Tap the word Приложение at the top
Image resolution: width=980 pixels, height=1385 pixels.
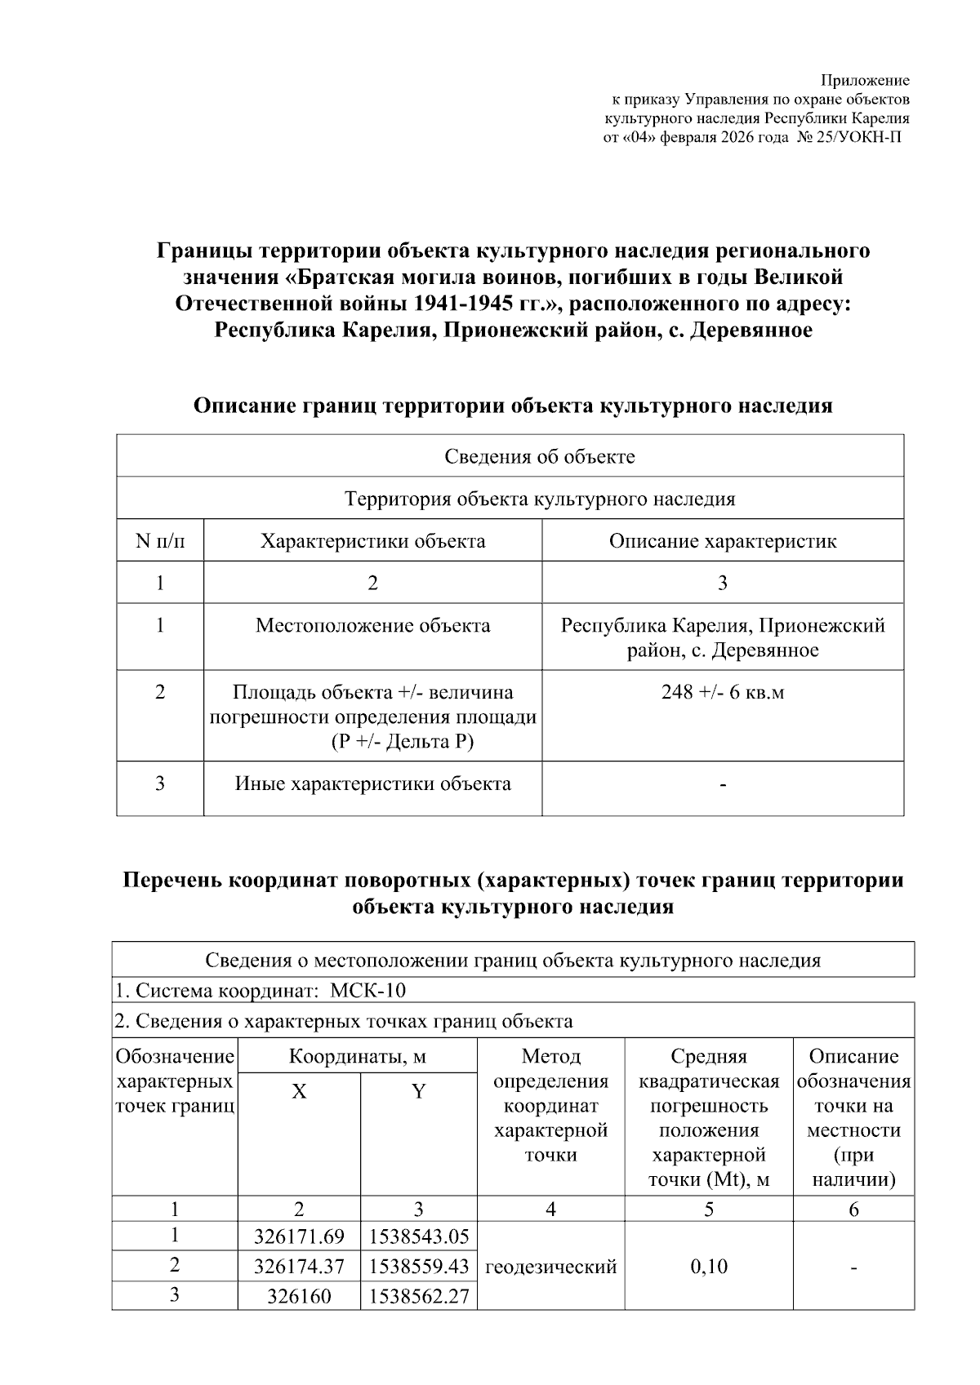click(x=865, y=80)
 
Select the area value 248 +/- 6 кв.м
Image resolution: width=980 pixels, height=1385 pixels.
click(x=722, y=692)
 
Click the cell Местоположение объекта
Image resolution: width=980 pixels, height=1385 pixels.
click(x=372, y=626)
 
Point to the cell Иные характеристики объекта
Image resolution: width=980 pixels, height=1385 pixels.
click(x=372, y=784)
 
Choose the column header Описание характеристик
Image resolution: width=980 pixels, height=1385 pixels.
click(x=722, y=541)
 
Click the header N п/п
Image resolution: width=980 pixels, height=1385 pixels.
click(x=159, y=541)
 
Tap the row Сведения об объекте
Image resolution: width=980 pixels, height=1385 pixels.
click(x=539, y=456)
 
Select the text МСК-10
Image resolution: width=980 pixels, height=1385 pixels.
click(x=367, y=991)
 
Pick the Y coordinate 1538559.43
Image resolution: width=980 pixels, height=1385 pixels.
click(x=419, y=1267)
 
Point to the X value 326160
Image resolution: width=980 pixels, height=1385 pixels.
click(x=299, y=1296)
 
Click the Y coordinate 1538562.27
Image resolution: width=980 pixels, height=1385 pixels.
click(x=419, y=1296)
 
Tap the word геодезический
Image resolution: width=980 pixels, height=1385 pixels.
click(x=550, y=1267)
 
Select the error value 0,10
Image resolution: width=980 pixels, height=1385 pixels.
click(x=708, y=1267)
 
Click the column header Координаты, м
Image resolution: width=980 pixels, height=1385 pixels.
click(x=357, y=1057)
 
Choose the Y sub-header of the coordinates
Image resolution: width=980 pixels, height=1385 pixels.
click(x=418, y=1092)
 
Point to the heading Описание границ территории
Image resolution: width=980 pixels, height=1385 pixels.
click(x=513, y=406)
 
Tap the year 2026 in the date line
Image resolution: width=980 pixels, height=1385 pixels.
click(x=738, y=138)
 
